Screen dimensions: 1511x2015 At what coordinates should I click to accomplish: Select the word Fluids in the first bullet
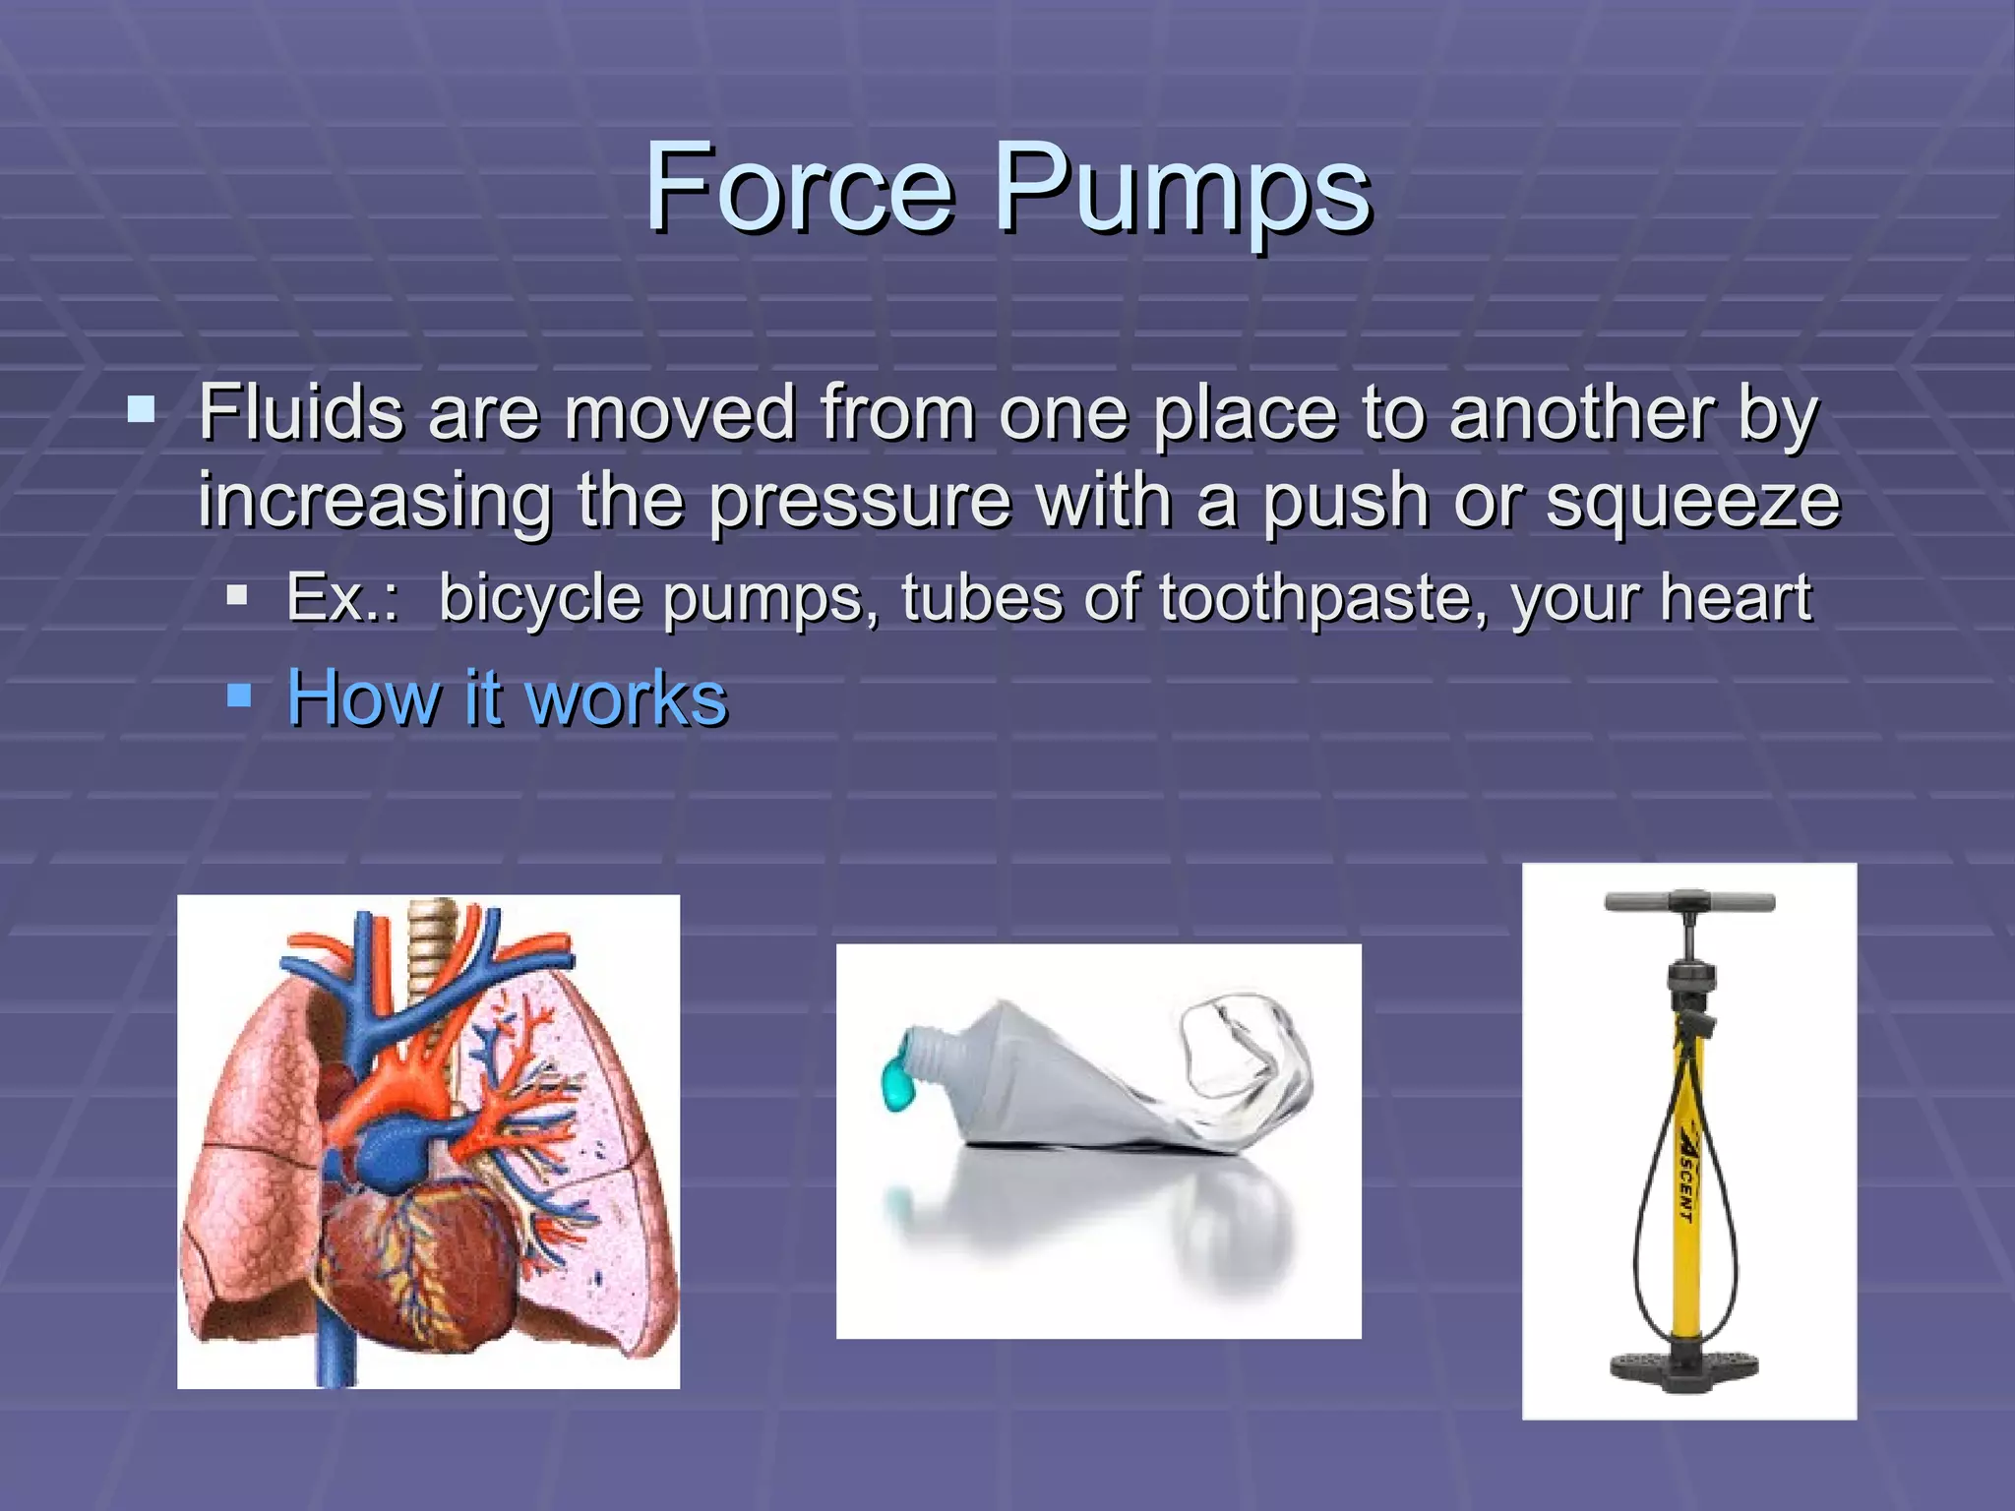point(301,413)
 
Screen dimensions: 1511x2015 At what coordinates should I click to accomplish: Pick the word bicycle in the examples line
point(540,598)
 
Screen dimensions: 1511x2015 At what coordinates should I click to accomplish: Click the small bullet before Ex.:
point(236,595)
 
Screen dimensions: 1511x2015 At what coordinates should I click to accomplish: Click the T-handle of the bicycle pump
point(1689,902)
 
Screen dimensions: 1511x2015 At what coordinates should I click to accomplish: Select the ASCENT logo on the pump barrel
point(1683,1171)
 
